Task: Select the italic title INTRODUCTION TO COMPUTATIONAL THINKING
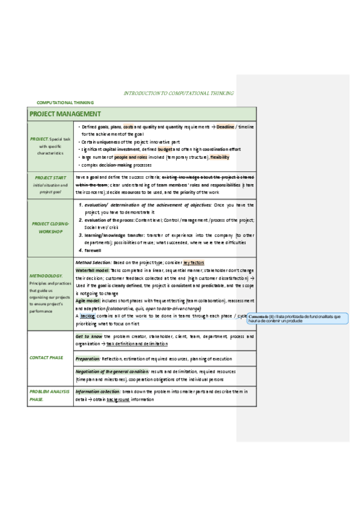178,93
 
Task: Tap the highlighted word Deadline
225,127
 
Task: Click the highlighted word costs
128,127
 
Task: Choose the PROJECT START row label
50,178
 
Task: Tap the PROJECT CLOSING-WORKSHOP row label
50,227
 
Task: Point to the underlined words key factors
194,263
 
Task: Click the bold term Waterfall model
92,271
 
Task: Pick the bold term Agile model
88,300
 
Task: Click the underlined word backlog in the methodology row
88,315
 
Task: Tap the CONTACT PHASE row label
46,357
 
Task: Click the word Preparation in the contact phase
88,358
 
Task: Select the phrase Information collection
98,392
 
